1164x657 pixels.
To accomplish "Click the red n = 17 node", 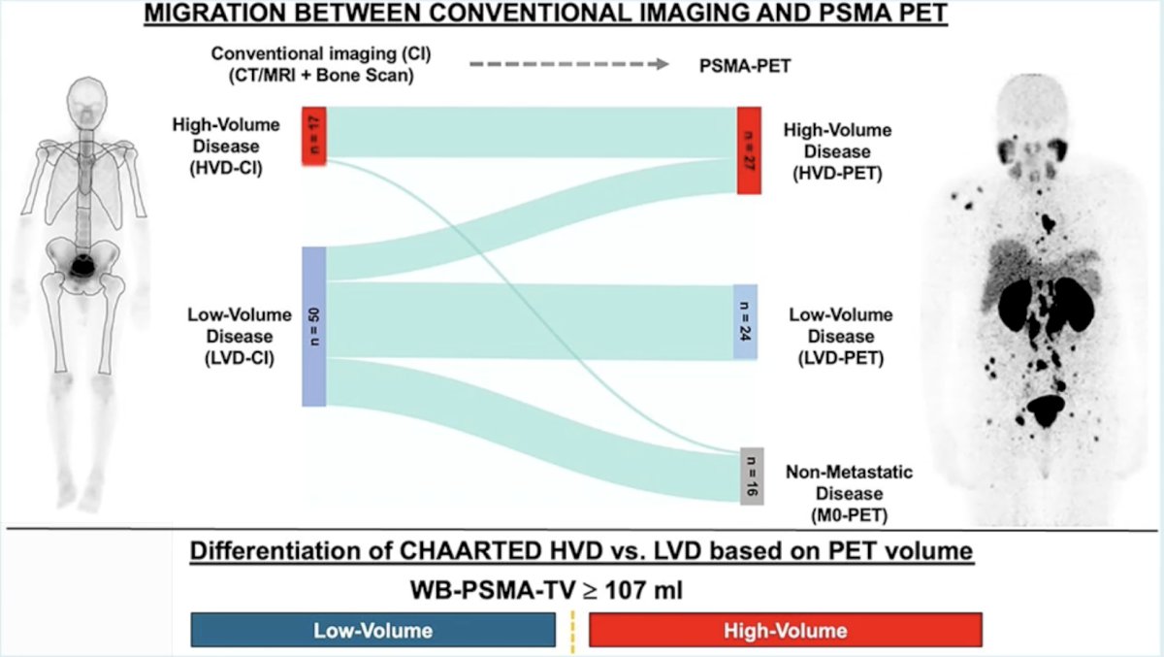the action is tap(314, 136).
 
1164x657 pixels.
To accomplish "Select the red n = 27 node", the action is tap(749, 150).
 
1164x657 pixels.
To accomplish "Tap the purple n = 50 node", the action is tap(314, 326).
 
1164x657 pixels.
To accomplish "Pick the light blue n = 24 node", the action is tap(745, 322).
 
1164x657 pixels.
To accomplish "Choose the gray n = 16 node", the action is tap(752, 476).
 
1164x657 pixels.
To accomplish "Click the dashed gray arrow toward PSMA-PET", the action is tap(569, 64).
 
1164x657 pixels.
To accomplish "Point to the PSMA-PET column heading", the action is tap(745, 66).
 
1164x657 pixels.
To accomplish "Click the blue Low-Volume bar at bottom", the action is tap(373, 630).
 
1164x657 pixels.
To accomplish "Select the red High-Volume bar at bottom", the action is tap(785, 630).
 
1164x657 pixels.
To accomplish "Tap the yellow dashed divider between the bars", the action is tap(572, 632).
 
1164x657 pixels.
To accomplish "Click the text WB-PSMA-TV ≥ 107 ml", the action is tap(547, 590).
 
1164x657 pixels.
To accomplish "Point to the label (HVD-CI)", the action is tap(226, 169).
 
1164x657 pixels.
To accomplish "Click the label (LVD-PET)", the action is tap(841, 358).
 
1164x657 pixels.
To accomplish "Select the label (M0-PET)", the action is tap(849, 515).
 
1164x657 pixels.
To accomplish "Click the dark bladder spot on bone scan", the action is tap(82, 267).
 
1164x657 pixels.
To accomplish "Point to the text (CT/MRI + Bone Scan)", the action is tap(321, 76).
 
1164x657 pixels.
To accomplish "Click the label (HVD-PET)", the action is tap(837, 174).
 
